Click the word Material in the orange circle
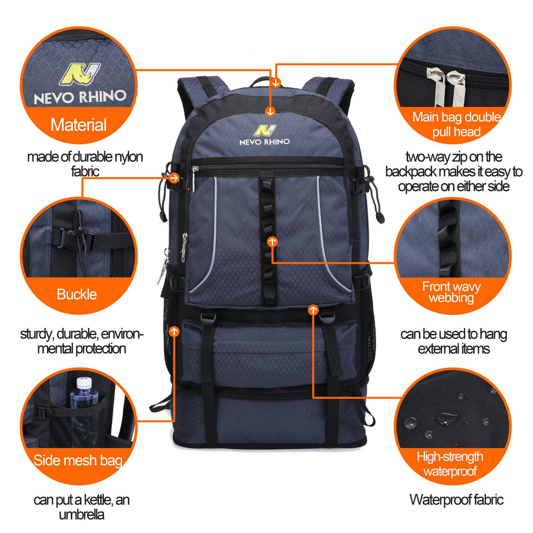[x=78, y=125]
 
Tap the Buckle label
[x=77, y=294]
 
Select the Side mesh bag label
[x=78, y=460]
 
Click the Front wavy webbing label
[x=452, y=292]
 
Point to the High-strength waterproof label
[x=450, y=464]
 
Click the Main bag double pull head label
[x=457, y=124]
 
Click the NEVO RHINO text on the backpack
[x=265, y=142]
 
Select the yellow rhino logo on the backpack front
[x=265, y=130]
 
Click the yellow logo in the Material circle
[x=79, y=74]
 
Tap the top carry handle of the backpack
[x=260, y=81]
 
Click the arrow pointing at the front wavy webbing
[x=272, y=242]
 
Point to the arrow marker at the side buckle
[x=174, y=178]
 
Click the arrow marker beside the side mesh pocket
[x=174, y=332]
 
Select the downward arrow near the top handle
[x=276, y=82]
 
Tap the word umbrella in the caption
[x=81, y=515]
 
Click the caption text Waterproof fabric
[x=456, y=499]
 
